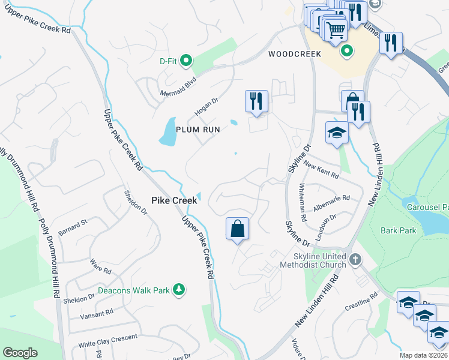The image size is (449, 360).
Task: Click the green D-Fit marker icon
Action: tap(186, 60)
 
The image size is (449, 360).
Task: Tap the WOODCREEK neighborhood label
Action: tap(295, 54)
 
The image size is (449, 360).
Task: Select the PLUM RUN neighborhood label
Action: tap(198, 129)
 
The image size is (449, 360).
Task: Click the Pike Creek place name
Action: tap(173, 201)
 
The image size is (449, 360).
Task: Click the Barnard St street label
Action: tap(73, 227)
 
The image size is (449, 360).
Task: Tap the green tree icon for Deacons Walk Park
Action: tap(178, 290)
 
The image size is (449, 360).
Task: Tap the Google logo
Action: tap(20, 353)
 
